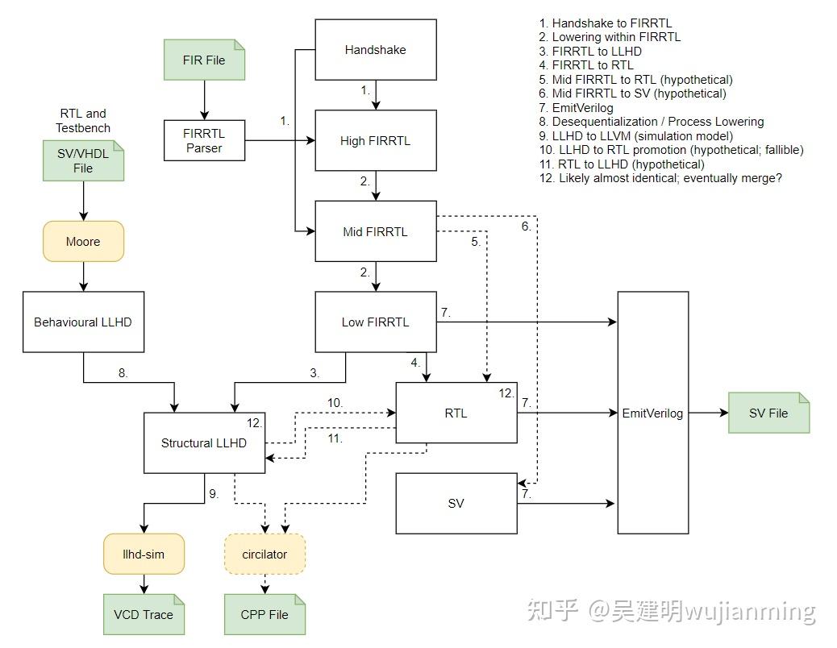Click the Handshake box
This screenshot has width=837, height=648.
click(x=375, y=50)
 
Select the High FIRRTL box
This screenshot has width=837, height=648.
click(x=375, y=140)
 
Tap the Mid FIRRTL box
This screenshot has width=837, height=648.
click(x=375, y=231)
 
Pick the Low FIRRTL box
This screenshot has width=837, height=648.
click(x=375, y=322)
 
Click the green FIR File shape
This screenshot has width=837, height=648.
click(x=204, y=60)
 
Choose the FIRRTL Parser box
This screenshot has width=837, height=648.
click(x=204, y=140)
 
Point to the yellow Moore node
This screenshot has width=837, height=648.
click(x=83, y=241)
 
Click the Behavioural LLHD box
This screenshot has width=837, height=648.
click(x=83, y=322)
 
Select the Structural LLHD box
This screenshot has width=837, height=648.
click(x=204, y=442)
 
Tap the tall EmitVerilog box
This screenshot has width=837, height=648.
click(x=652, y=413)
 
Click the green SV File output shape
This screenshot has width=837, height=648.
click(x=768, y=413)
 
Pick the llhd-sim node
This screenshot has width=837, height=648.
click(x=144, y=554)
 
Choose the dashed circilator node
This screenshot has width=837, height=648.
click(x=264, y=554)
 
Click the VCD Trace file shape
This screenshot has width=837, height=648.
click(x=144, y=614)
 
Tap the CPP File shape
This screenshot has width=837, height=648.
click(x=264, y=614)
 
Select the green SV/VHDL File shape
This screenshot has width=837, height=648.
click(x=84, y=161)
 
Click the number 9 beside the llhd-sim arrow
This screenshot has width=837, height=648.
click(x=214, y=494)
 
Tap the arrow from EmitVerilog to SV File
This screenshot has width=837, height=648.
click(x=708, y=413)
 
